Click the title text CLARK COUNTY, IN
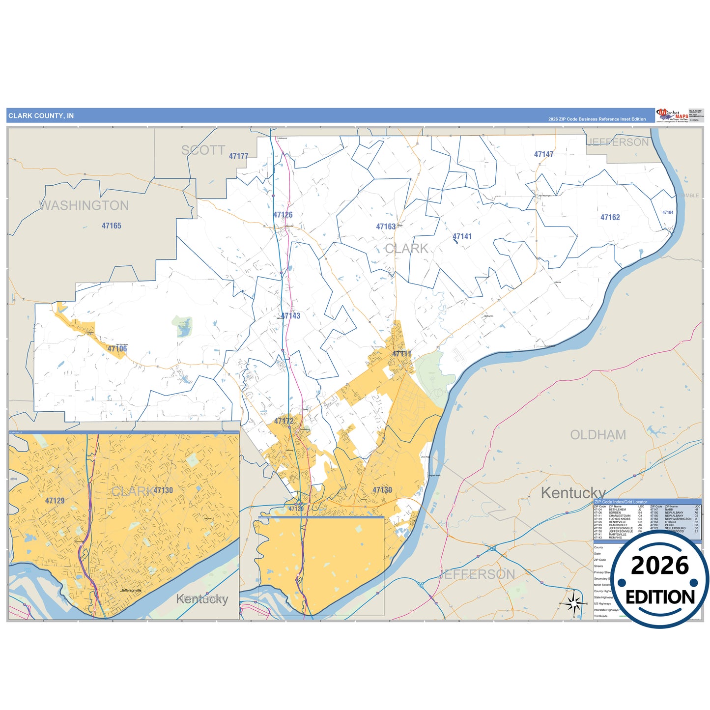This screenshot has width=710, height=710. click(x=41, y=116)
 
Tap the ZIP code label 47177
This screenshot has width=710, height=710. click(x=238, y=156)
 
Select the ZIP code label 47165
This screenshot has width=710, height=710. click(x=112, y=226)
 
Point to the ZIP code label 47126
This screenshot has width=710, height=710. click(x=283, y=215)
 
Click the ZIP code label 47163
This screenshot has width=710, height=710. click(x=386, y=227)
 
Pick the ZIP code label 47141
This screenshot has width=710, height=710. click(x=462, y=237)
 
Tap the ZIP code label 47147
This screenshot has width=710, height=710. click(x=543, y=154)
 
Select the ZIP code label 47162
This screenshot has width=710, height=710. click(x=610, y=217)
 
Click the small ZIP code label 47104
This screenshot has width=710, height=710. click(x=668, y=213)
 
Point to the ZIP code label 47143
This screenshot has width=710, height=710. click(x=290, y=316)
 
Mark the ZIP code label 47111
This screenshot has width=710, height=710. click(x=401, y=354)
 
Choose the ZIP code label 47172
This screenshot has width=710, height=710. click(x=284, y=421)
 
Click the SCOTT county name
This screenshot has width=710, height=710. click(x=203, y=150)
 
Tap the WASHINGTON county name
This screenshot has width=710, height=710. click(x=84, y=205)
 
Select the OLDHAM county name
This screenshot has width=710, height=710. click(x=598, y=435)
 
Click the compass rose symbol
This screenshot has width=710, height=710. click(x=573, y=603)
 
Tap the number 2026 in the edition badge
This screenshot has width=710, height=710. click(x=660, y=566)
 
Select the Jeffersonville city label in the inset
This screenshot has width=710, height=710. click(x=131, y=591)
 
